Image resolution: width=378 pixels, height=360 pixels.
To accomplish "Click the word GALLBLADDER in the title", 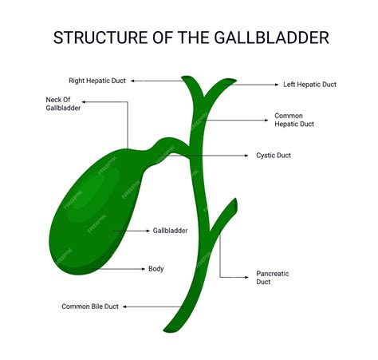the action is click(x=271, y=38).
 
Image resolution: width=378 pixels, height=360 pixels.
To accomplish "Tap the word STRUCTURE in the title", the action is click(x=100, y=38).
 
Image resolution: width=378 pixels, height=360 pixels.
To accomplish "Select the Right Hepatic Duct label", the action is click(x=97, y=81).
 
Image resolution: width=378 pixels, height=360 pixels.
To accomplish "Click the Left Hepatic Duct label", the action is click(x=309, y=85).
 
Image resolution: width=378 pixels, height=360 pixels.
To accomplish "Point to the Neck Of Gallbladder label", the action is click(x=63, y=104).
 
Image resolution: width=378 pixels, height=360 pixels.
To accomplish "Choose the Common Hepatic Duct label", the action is click(x=294, y=120).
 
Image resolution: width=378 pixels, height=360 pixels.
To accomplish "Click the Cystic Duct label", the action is click(x=274, y=156).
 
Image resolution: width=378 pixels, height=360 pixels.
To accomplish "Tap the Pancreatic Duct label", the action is click(x=273, y=278).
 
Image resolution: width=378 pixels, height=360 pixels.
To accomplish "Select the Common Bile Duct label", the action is click(x=90, y=307).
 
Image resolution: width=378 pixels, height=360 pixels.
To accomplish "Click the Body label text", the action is click(x=156, y=269).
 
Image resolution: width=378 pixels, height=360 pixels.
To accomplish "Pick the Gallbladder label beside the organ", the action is click(x=170, y=231).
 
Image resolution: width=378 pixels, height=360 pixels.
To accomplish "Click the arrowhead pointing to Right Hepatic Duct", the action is click(x=132, y=81).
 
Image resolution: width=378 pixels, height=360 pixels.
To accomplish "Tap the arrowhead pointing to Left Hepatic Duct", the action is click(x=277, y=85).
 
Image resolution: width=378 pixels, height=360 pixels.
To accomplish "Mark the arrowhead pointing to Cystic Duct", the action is click(x=246, y=156).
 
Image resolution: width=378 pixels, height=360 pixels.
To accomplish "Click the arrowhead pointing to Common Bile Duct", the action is click(x=124, y=307).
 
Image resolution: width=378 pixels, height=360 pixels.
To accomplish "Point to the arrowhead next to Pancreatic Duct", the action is click(x=246, y=277).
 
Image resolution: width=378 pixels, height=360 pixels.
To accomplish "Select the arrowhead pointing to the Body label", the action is click(x=144, y=269).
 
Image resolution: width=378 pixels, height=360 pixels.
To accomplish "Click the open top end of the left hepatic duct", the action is click(x=230, y=81).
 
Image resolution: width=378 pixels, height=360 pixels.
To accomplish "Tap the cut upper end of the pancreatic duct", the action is click(x=235, y=205).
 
